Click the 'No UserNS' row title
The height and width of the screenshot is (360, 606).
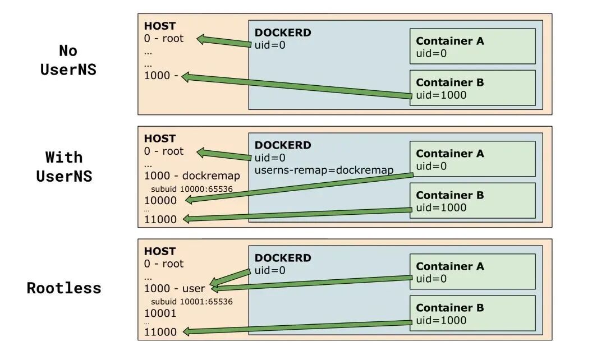[68, 60]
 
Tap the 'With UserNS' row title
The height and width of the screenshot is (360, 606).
[64, 167]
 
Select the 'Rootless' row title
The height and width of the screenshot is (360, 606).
[64, 288]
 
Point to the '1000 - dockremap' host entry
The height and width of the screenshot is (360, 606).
[192, 176]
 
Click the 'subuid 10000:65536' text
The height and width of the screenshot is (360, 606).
[192, 189]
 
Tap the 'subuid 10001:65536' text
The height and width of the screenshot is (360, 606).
[192, 302]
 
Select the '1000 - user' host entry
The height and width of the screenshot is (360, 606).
[175, 289]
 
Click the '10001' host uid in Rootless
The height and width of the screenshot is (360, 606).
[160, 313]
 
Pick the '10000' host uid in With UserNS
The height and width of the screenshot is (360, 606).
[160, 201]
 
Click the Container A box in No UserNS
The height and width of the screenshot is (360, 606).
[472, 46]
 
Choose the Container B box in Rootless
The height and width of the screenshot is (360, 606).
[472, 313]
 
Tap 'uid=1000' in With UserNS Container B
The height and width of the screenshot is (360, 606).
[441, 208]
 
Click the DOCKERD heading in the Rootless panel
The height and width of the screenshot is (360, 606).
[283, 258]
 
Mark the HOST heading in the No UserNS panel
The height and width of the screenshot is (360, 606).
[159, 26]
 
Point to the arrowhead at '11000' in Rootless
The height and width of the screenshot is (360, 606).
[187, 331]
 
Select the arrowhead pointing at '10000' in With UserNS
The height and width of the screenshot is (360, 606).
[190, 200]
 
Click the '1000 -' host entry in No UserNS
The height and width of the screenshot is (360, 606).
[161, 75]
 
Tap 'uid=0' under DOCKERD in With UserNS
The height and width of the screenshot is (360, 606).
[270, 158]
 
